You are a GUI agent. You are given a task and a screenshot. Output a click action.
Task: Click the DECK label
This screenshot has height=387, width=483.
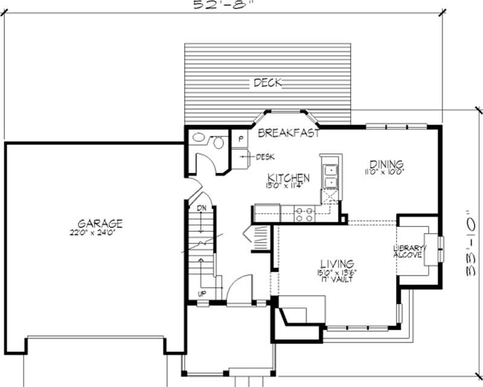click(267, 83)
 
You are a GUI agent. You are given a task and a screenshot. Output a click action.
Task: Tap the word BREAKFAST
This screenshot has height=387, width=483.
click(289, 133)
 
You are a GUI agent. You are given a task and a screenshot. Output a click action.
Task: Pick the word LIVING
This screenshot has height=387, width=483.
click(336, 264)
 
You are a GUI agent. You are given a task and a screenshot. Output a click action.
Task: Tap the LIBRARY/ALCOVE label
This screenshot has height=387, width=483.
click(410, 252)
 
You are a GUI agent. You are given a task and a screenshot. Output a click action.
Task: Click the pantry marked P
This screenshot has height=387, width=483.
click(240, 138)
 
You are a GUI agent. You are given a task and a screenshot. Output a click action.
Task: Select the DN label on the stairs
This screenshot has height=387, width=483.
click(201, 208)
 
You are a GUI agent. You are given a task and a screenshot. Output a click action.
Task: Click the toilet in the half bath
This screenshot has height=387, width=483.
click(217, 142)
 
